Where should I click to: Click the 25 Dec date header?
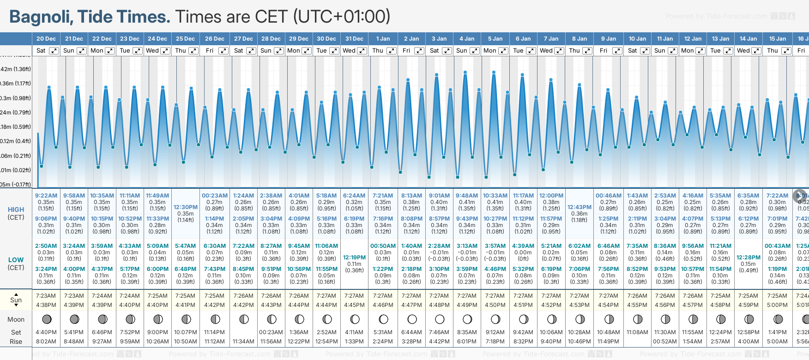coord(185,39)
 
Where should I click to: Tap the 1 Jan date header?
coord(382,39)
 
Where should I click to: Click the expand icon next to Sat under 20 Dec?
coord(54,51)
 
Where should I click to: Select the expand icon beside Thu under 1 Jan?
coord(392,51)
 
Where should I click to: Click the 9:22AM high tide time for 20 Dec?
coord(46,196)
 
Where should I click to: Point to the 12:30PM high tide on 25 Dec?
coord(186,207)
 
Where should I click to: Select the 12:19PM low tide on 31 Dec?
coord(355,258)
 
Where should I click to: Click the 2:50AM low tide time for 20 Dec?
coord(46,246)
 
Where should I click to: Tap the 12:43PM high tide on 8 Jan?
coord(580,207)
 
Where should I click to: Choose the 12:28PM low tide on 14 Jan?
coord(749,258)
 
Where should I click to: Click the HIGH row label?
coord(16,210)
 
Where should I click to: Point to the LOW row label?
coord(16,260)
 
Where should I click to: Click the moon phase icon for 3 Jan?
coord(440,319)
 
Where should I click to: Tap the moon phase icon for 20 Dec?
coord(47,319)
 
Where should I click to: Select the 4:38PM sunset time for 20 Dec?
coord(46,305)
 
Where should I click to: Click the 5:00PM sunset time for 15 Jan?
coord(778,305)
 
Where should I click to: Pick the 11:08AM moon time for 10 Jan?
coord(637,332)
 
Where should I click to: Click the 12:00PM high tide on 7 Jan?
coord(551,196)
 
